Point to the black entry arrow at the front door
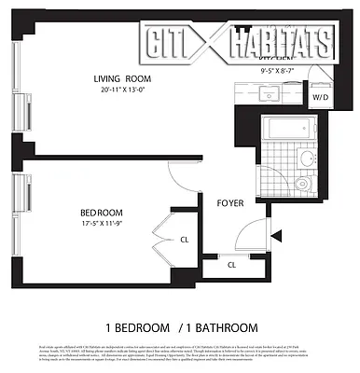[x=274, y=239]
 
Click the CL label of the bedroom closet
[x=185, y=240]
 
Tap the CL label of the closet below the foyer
[x=231, y=265]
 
